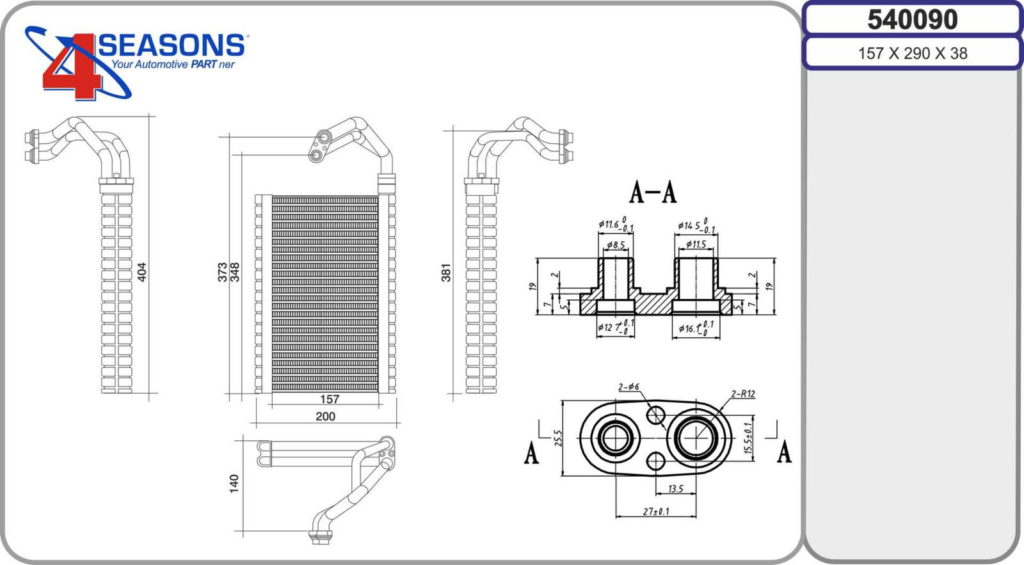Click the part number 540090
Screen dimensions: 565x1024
(x=912, y=19)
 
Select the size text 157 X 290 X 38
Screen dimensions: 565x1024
(x=912, y=53)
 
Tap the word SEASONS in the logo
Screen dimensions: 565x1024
(x=172, y=45)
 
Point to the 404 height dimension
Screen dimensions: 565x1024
(x=142, y=271)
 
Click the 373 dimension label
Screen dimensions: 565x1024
(x=222, y=271)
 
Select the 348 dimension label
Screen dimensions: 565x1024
(x=235, y=271)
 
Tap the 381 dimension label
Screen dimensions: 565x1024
(x=446, y=272)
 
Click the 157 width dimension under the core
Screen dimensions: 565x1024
(x=329, y=399)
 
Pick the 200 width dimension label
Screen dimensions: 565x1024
(x=325, y=417)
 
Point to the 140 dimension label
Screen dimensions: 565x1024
(x=234, y=483)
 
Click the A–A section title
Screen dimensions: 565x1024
(x=653, y=192)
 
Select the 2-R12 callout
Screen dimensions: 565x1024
(x=743, y=394)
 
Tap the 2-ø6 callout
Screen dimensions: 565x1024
(x=628, y=387)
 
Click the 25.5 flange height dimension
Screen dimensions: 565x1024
(x=558, y=438)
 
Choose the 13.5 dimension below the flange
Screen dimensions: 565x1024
(x=675, y=489)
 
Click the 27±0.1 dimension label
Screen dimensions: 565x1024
(x=655, y=511)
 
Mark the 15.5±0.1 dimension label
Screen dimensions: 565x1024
(x=748, y=438)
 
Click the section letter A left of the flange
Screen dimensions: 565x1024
(x=531, y=453)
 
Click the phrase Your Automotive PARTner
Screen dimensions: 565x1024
(x=173, y=65)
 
